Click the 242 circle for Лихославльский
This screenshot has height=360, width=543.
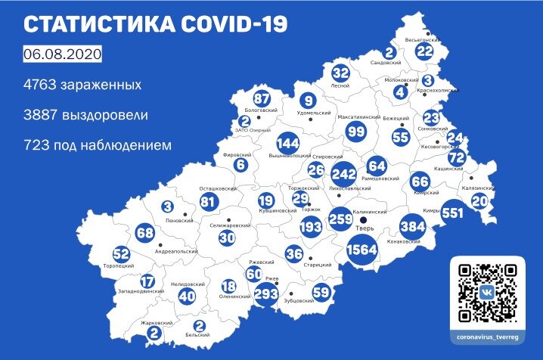point(344,173)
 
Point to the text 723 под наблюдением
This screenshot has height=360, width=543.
point(97,144)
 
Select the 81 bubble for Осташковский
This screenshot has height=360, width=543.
point(209,202)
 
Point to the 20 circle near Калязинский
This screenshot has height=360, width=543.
point(480,201)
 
